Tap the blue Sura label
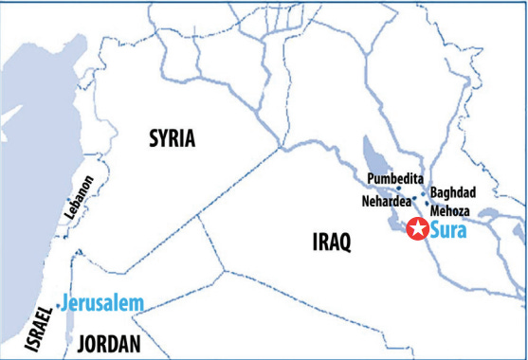coord(448,229)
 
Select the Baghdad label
coord(453,192)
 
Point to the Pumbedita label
coord(394,178)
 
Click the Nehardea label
coord(386,201)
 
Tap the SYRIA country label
coord(172,139)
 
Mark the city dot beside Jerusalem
coord(60,305)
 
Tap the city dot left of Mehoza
coord(428,204)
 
